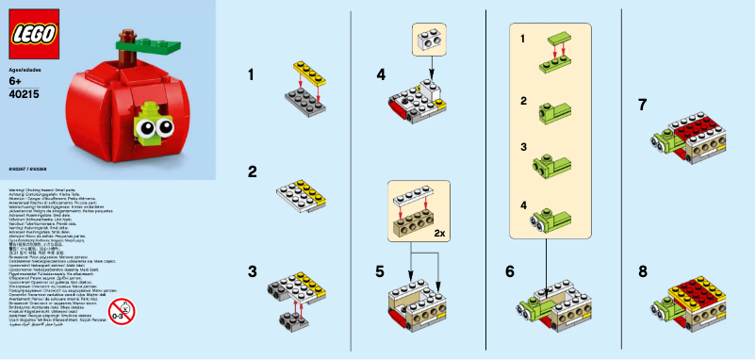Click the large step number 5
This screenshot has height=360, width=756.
coord(380,271)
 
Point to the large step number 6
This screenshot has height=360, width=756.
coord(510,271)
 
